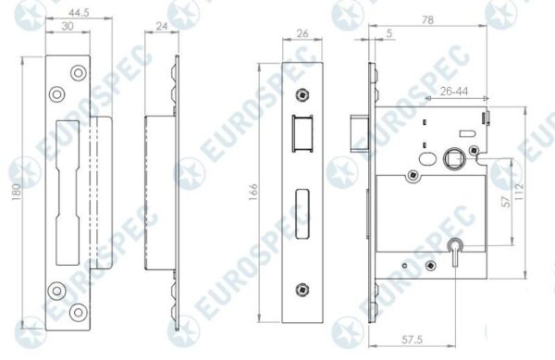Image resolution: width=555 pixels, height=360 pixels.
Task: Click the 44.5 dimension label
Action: coord(79,13)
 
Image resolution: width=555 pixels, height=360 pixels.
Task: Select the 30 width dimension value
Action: coord(68,26)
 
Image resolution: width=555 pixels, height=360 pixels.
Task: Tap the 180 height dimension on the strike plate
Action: coord(17,192)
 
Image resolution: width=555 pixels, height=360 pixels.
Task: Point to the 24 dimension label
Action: coord(161,26)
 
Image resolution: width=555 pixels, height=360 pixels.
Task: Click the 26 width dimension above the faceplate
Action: coord(302,33)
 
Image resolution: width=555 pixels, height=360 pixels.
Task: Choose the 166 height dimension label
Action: coord(253,192)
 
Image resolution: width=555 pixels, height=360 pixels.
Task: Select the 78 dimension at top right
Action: coord(427,19)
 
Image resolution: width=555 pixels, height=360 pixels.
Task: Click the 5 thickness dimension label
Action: coord(389,33)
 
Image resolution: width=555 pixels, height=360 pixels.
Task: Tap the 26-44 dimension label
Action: coord(454,92)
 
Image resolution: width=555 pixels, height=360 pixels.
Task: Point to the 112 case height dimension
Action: coord(519,192)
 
